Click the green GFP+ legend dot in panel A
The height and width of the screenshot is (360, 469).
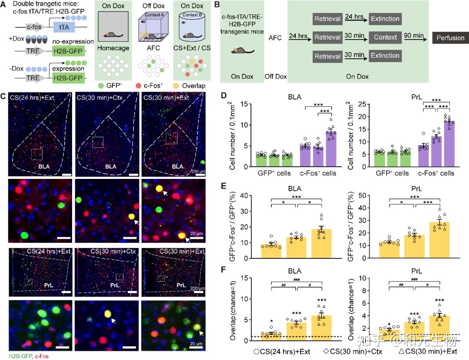(101, 86)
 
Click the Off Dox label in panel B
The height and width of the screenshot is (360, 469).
(275, 76)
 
